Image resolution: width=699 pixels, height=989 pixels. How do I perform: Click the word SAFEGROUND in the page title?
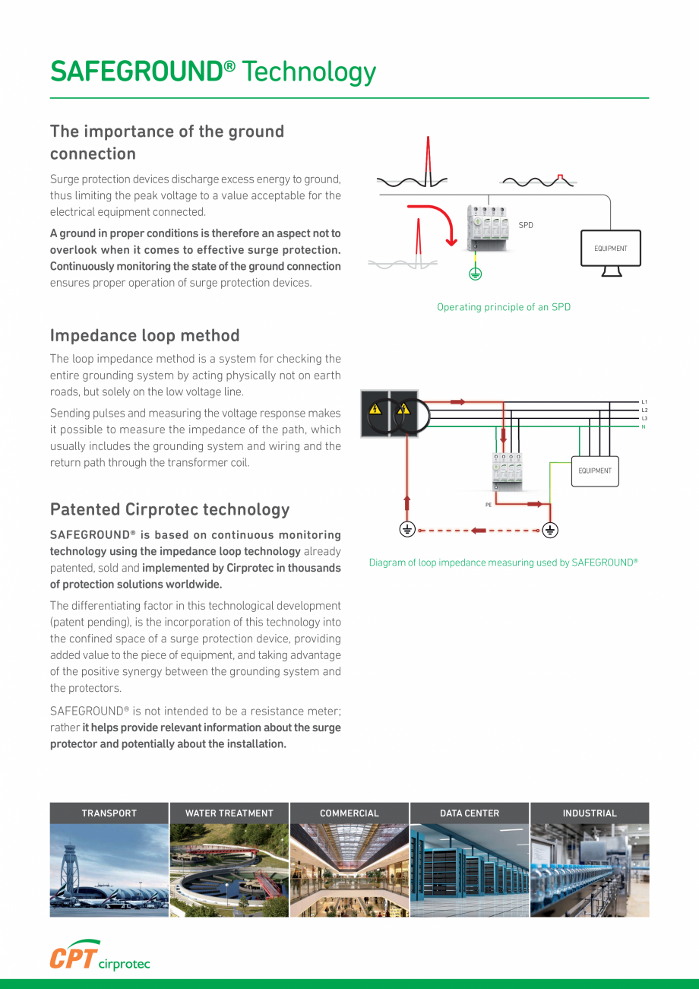(x=135, y=71)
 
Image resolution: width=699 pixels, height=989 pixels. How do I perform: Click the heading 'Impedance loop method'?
(x=144, y=335)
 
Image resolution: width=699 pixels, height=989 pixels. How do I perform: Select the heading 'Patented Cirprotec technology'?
(x=169, y=509)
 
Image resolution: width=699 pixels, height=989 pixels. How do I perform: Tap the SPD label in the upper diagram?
(x=526, y=225)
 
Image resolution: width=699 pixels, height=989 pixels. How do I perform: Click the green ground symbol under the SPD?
(x=475, y=274)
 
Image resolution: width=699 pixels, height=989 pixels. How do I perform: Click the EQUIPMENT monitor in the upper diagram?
(x=611, y=249)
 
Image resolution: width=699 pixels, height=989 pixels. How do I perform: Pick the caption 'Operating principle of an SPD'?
(x=504, y=307)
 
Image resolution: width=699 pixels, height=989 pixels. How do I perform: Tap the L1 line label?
(x=644, y=401)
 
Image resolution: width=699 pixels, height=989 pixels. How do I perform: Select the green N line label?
(x=644, y=426)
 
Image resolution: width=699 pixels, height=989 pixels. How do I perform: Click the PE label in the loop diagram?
(x=489, y=504)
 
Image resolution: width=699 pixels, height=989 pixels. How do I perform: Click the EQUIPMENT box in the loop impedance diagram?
(x=595, y=471)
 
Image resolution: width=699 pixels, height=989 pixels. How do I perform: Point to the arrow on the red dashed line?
(x=479, y=531)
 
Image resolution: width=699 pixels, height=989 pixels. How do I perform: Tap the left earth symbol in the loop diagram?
(x=407, y=531)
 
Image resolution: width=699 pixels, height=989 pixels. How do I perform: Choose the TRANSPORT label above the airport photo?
(x=109, y=813)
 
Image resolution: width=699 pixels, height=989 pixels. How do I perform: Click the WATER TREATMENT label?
(x=229, y=813)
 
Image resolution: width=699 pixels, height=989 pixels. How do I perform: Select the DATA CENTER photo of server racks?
(x=470, y=870)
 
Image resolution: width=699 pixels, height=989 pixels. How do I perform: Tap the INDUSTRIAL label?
(x=590, y=813)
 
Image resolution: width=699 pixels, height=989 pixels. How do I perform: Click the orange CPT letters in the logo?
(x=73, y=956)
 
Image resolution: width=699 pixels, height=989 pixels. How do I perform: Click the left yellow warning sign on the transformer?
(x=375, y=410)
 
